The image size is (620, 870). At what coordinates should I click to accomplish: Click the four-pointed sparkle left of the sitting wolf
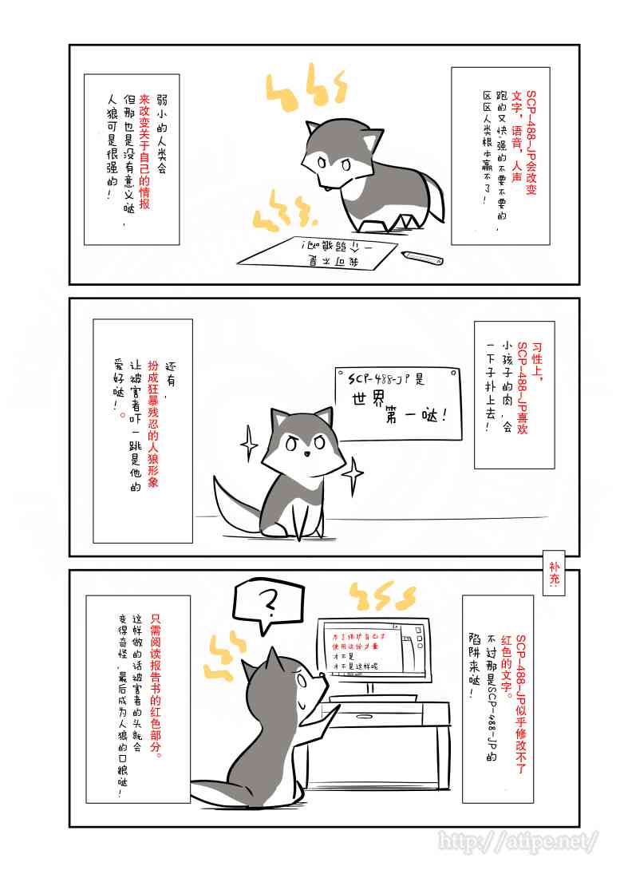[x=249, y=438]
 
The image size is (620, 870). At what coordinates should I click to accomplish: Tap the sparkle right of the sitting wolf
[x=352, y=476]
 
